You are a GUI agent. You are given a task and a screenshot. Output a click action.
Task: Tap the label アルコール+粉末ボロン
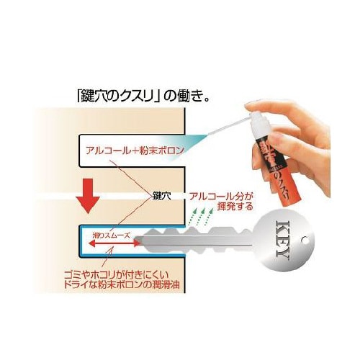132,151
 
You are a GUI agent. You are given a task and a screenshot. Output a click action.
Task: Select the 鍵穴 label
162,194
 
